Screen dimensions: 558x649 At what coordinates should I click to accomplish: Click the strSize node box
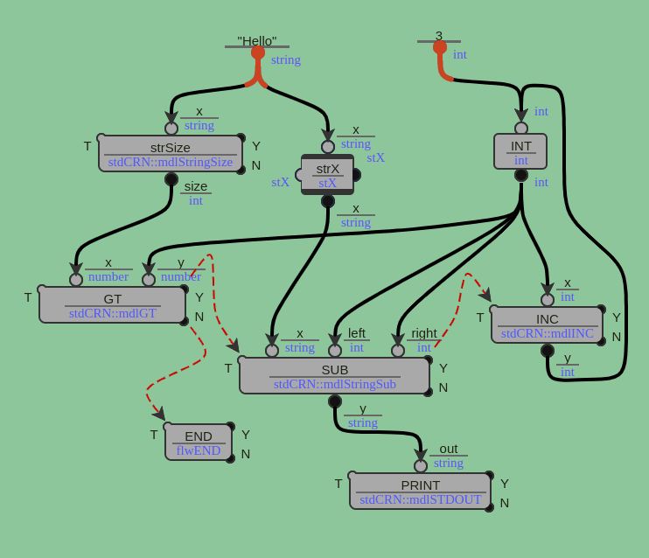coord(171,153)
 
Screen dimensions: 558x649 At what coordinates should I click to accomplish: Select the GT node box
coord(113,304)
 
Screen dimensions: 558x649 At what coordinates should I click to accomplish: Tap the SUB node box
coord(334,375)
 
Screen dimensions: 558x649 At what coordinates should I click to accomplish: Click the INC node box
coord(547,324)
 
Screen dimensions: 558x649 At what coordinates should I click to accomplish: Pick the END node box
coord(199,442)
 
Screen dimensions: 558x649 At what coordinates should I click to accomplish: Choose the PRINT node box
coord(420,491)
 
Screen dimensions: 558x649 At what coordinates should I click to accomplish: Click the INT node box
coord(520,151)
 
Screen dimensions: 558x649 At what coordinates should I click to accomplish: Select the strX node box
coord(327,174)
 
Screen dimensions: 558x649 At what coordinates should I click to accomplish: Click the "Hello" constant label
coord(257,40)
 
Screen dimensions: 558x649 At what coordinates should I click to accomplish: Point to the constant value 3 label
coord(439,35)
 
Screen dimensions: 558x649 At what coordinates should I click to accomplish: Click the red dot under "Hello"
coord(258,52)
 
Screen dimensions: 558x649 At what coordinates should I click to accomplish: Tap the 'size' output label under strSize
coord(196,186)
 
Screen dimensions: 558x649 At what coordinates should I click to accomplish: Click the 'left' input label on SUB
coord(357,332)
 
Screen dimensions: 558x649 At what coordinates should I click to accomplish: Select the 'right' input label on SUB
coord(424,332)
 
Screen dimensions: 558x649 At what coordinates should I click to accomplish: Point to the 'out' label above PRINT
coord(449,448)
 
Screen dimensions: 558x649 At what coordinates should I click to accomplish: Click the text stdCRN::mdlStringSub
coord(334,384)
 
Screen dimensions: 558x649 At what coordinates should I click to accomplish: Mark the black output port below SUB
coord(335,401)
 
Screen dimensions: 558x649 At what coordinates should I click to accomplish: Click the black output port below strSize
coord(171,179)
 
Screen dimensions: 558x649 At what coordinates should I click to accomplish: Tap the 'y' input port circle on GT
coord(149,280)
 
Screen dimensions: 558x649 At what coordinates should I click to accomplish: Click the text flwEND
coord(199,450)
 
